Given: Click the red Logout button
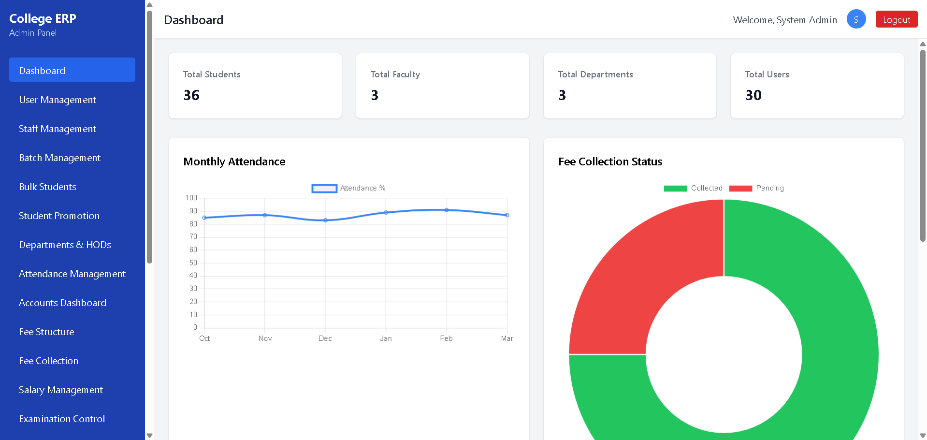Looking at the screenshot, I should click(x=896, y=19).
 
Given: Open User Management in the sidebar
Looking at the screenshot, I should click(x=58, y=100).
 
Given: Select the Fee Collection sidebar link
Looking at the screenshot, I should click(x=48, y=361).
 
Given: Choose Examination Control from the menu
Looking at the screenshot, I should click(x=62, y=419).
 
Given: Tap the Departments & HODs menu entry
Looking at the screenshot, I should click(x=65, y=245).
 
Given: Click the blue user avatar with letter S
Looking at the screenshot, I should click(x=856, y=19).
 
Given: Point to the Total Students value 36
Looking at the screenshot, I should click(x=191, y=95).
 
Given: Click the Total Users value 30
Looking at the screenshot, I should click(x=753, y=95).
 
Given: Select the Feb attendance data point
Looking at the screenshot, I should click(x=447, y=210).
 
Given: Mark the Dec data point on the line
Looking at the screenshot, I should click(x=325, y=220).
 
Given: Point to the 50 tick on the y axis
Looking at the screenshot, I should click(x=193, y=263).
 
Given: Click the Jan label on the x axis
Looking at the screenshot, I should click(x=386, y=338).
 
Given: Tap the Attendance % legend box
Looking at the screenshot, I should click(x=324, y=189).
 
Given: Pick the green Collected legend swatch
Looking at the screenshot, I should click(x=675, y=189).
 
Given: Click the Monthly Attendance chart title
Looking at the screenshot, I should click(x=234, y=161).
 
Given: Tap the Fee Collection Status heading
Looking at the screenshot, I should click(x=610, y=161).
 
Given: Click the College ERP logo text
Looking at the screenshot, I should click(x=43, y=18).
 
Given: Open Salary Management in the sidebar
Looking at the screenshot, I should click(x=61, y=390).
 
